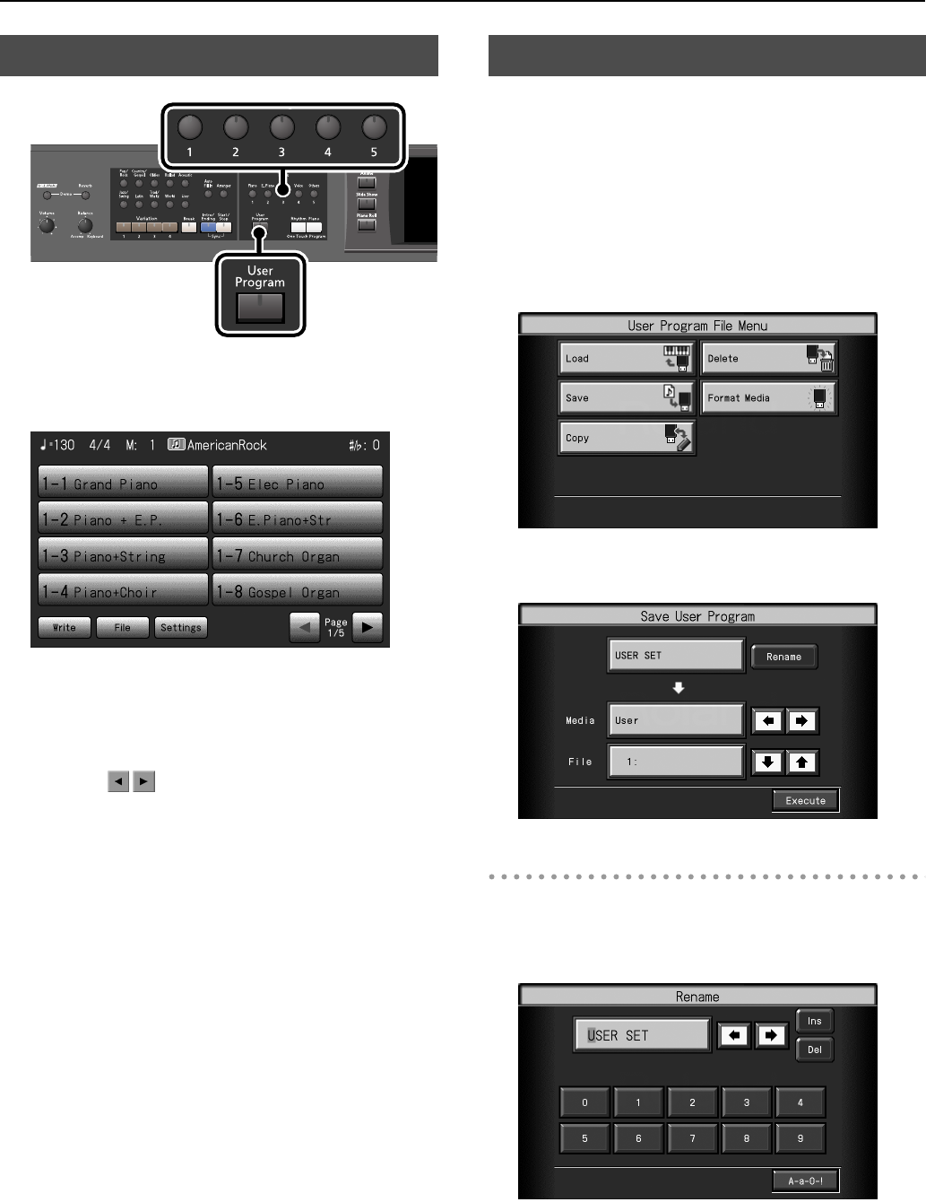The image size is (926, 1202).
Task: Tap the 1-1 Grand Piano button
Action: (x=123, y=483)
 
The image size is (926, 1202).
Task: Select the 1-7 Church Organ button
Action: (x=298, y=555)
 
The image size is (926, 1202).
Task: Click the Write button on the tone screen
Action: (x=65, y=627)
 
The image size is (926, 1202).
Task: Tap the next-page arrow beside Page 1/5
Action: (x=367, y=627)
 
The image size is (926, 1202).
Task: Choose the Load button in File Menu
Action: (x=626, y=358)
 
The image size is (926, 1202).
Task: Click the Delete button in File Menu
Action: (x=768, y=358)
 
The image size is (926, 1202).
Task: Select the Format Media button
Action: (x=768, y=397)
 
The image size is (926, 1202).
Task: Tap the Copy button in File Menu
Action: (x=626, y=438)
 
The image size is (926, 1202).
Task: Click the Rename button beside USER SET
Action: (x=783, y=657)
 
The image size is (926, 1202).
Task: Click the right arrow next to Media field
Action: (x=801, y=720)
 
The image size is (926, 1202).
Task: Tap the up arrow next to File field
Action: (x=801, y=762)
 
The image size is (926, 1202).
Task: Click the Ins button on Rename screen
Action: (x=814, y=1021)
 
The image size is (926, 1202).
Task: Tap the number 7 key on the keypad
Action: (x=692, y=1138)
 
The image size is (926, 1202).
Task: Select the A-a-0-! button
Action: (x=805, y=1180)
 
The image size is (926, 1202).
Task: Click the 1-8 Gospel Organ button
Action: (x=298, y=591)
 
